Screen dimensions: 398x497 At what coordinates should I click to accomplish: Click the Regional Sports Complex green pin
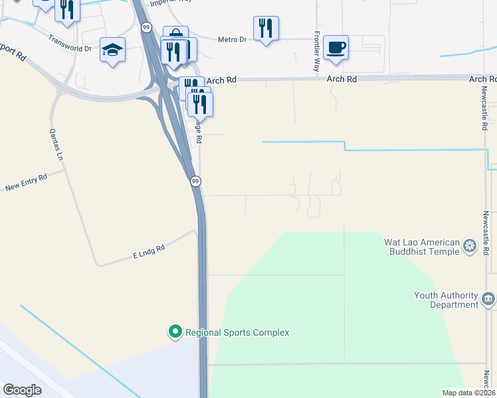point(175,331)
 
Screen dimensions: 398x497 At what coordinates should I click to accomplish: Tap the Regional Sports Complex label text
point(237,332)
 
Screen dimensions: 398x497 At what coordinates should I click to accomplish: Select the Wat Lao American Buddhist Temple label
point(422,247)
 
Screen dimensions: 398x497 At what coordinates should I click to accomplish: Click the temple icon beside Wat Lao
point(470,247)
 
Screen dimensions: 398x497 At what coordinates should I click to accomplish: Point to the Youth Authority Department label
point(446,300)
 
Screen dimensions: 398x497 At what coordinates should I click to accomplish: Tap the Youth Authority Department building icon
point(489,299)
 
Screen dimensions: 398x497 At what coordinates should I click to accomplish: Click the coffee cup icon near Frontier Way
point(336,48)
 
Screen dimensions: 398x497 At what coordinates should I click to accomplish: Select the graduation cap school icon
point(112,49)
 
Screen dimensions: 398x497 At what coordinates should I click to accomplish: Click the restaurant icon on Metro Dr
point(266,29)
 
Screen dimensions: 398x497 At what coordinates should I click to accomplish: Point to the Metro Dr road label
point(232,40)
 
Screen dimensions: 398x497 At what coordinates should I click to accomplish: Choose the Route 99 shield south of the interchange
point(195,181)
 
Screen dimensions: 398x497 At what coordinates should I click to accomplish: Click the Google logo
point(22,390)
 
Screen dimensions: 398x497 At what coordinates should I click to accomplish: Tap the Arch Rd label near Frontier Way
point(342,79)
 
